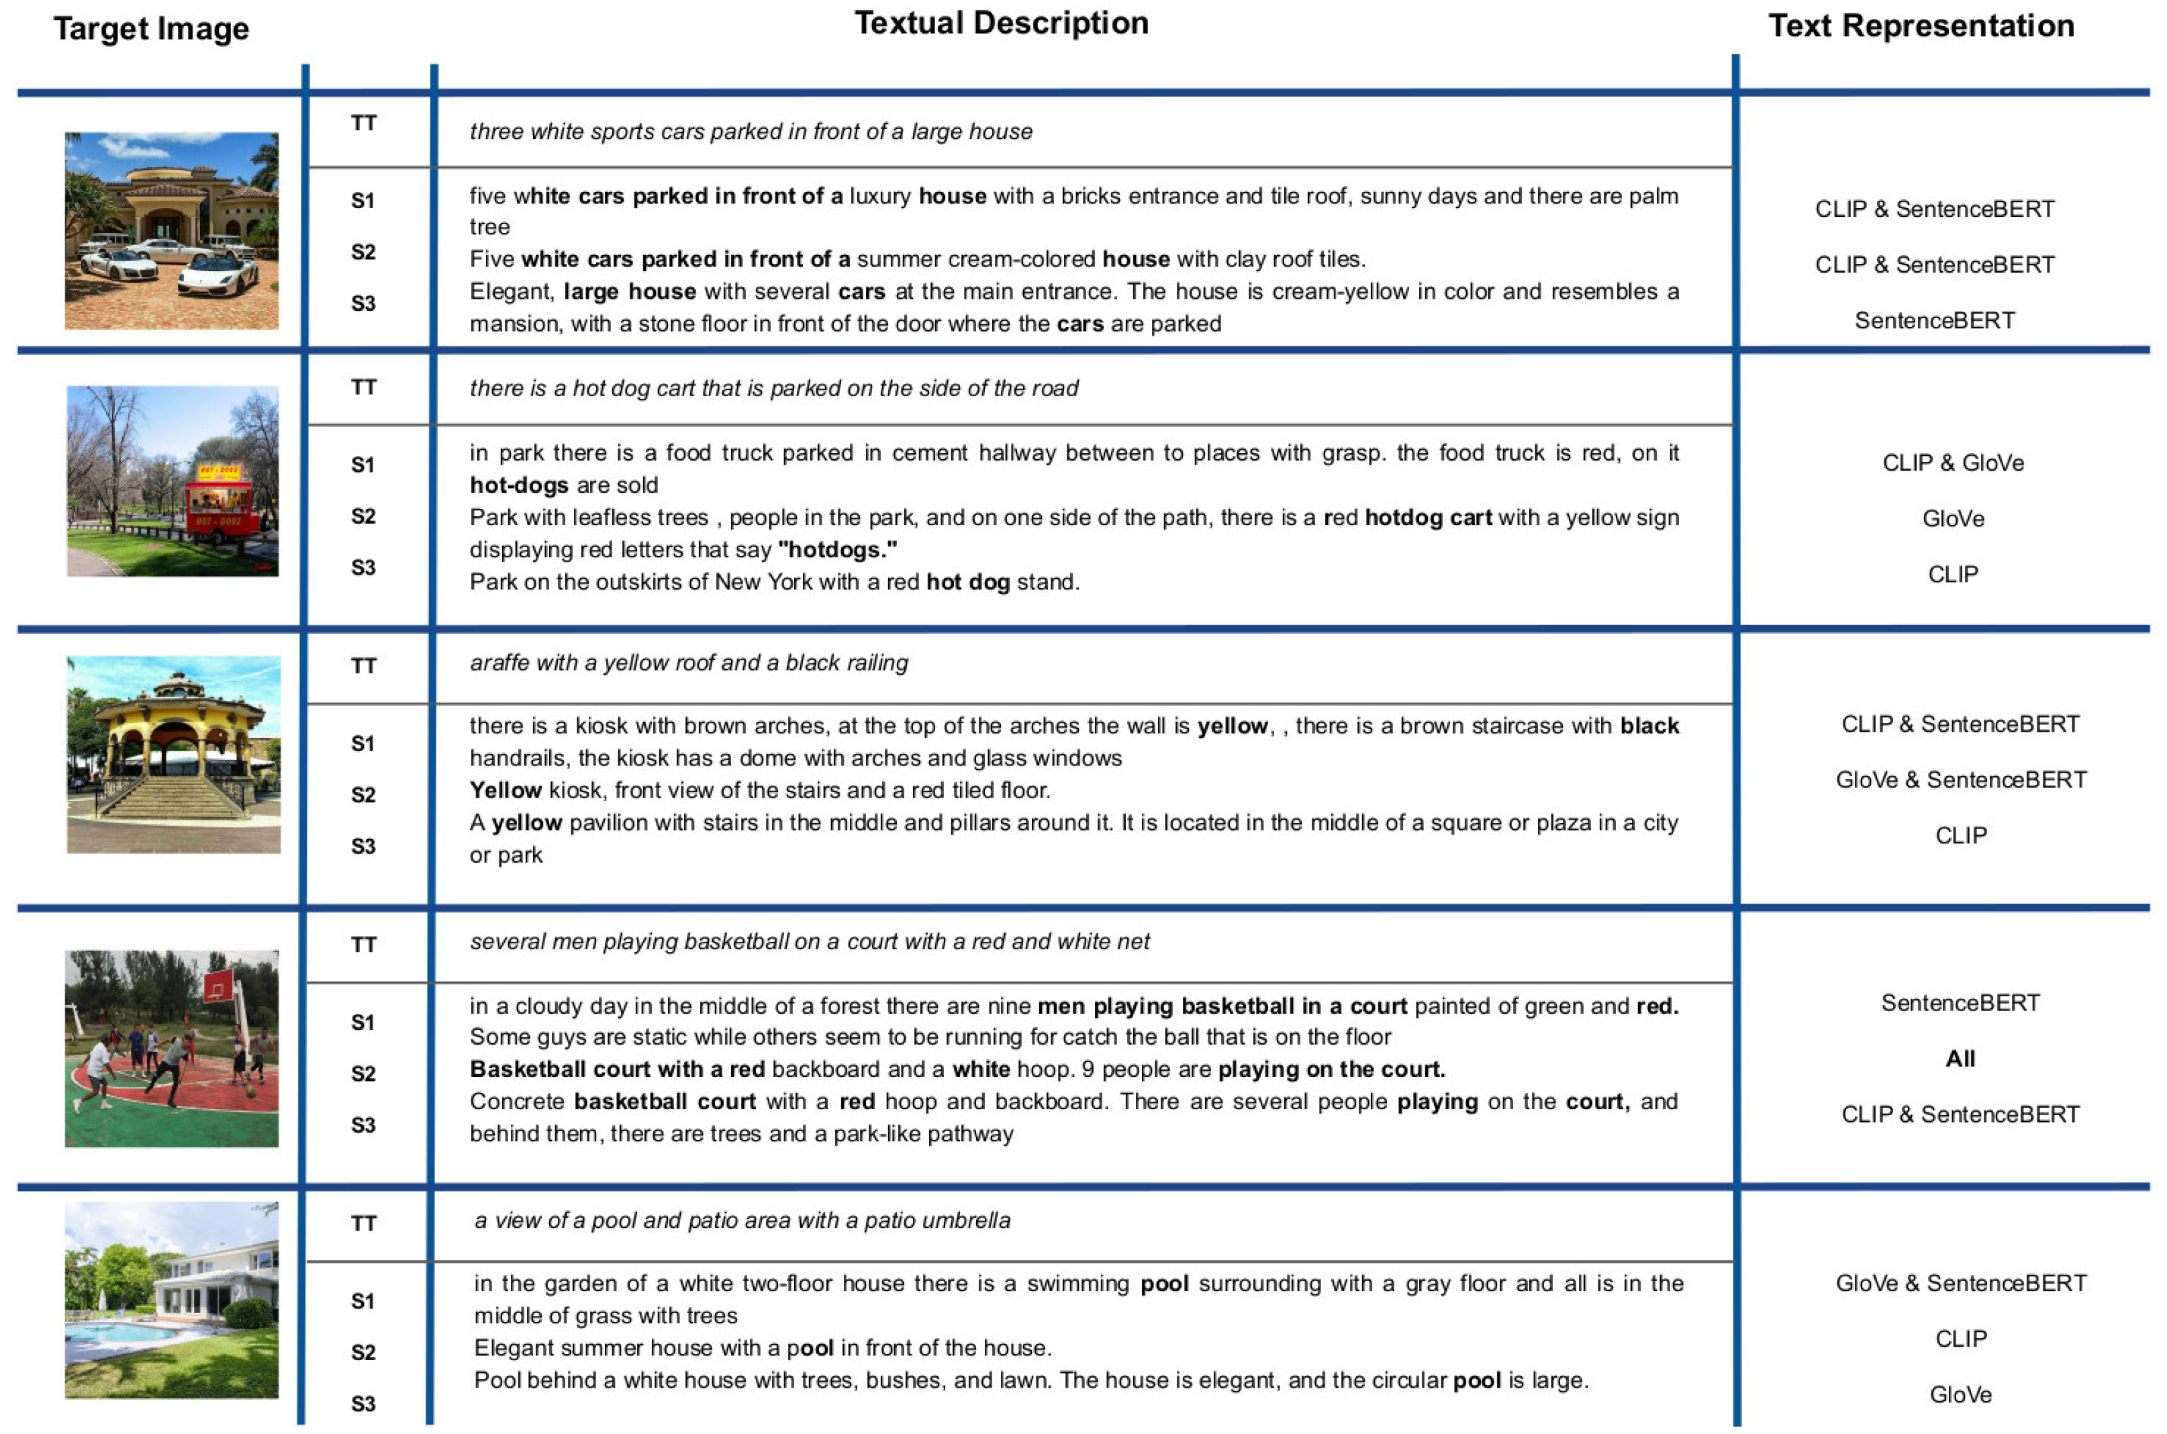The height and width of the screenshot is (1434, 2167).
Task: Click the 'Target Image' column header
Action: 151,28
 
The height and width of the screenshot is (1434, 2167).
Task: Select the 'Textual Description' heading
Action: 1000,23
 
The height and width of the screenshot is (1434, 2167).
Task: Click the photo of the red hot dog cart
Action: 173,481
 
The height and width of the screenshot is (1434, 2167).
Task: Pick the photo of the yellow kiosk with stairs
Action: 173,755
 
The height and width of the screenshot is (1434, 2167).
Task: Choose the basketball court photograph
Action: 172,1048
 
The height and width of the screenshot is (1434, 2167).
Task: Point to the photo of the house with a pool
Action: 172,1300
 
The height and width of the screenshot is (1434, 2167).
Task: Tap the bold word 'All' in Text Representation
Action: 1960,1058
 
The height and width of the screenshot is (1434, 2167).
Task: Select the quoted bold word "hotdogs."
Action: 838,550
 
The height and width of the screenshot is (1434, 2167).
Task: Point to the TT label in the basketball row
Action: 364,945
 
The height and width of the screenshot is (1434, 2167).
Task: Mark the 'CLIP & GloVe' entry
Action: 1952,463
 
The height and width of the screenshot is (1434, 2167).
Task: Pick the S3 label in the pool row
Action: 364,1404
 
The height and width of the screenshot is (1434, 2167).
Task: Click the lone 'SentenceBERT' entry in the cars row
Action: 1934,320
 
